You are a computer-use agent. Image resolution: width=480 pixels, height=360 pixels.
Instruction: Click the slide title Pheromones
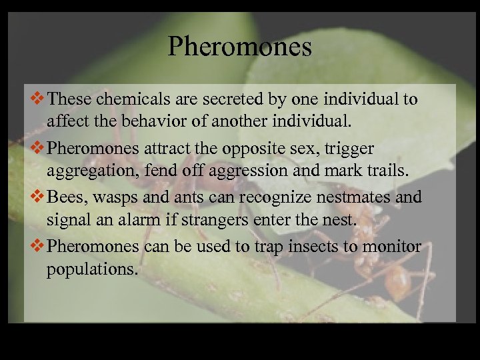tap(240, 47)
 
